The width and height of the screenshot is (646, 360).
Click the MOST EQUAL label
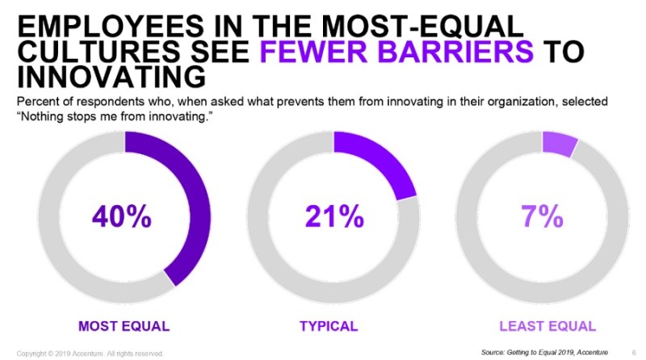pyautogui.click(x=124, y=326)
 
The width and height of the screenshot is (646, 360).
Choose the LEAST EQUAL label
pyautogui.click(x=547, y=326)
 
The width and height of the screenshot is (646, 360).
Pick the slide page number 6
pyautogui.click(x=632, y=353)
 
